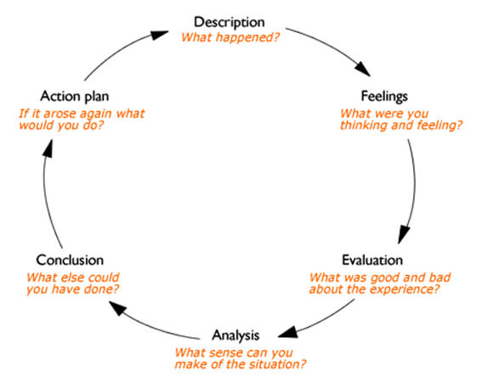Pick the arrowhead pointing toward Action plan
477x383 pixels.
(x=48, y=145)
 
